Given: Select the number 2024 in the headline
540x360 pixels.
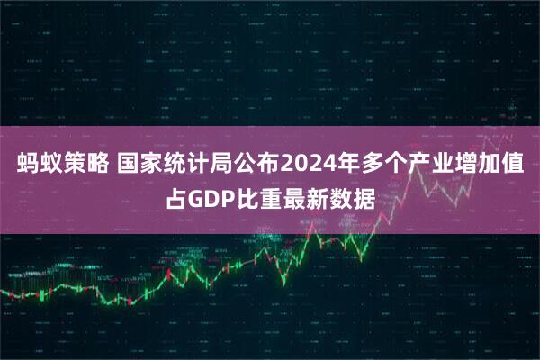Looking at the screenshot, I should [307, 166].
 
